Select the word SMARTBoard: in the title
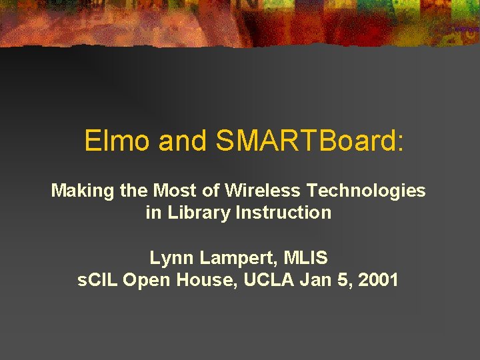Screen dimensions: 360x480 click(310, 141)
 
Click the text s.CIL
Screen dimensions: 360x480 click(98, 280)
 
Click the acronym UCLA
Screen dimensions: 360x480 click(269, 280)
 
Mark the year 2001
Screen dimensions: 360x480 click(378, 280)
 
